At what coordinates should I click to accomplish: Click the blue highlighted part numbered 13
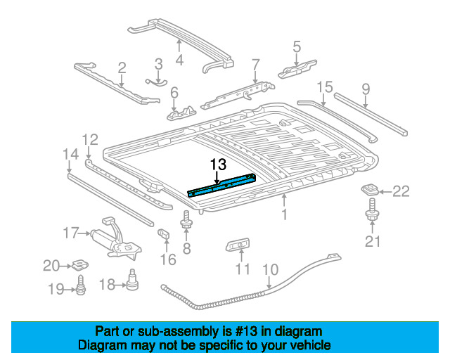[221, 186]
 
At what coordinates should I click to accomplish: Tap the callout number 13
[218, 165]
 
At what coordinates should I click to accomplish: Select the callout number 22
[401, 191]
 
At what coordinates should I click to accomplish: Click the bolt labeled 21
[372, 210]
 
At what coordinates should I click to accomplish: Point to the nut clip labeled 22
[370, 189]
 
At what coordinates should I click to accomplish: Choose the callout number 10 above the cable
[270, 269]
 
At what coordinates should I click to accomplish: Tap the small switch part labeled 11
[238, 244]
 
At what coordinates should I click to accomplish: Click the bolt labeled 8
[186, 220]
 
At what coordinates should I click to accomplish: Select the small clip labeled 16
[163, 233]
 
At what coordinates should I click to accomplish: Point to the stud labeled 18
[132, 279]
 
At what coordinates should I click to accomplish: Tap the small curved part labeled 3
[156, 83]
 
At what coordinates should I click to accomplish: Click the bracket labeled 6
[181, 113]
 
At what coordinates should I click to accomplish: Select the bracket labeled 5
[297, 69]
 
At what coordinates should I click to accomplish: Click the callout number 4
[179, 60]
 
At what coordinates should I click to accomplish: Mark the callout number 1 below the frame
[284, 214]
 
